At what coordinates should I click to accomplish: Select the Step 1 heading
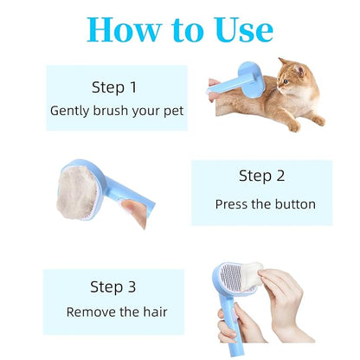[115, 87]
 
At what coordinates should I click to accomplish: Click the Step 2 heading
[261, 176]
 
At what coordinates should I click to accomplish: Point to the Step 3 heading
[113, 286]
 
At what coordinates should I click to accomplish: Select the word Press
[231, 205]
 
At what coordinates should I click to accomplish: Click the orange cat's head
[292, 74]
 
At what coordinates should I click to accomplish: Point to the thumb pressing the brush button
[132, 210]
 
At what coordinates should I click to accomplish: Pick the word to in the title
[187, 31]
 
